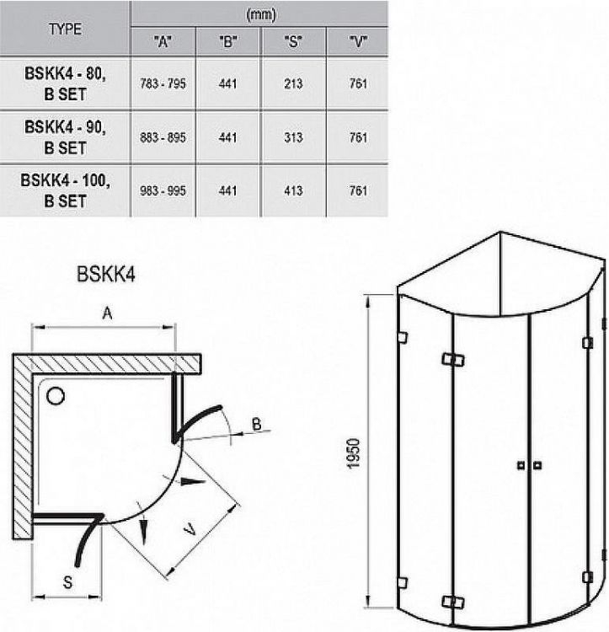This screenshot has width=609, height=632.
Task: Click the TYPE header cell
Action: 65,28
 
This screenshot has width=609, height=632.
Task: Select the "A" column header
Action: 163,41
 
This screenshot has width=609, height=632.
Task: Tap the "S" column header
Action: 293,41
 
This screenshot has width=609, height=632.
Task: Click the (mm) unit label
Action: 259,14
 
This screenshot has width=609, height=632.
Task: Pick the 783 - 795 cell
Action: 163,83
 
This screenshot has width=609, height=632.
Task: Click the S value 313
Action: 293,137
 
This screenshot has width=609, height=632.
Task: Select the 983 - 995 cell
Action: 163,191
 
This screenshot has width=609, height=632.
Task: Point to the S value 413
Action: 293,191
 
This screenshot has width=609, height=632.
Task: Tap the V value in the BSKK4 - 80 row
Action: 357,83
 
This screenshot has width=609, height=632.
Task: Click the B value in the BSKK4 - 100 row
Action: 227,191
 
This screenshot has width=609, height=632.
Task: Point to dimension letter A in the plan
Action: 107,313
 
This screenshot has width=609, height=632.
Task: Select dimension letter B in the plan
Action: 256,424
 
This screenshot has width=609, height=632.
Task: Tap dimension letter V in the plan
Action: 191,531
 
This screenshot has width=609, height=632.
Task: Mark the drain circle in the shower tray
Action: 57,394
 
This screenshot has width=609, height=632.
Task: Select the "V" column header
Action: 357,41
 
